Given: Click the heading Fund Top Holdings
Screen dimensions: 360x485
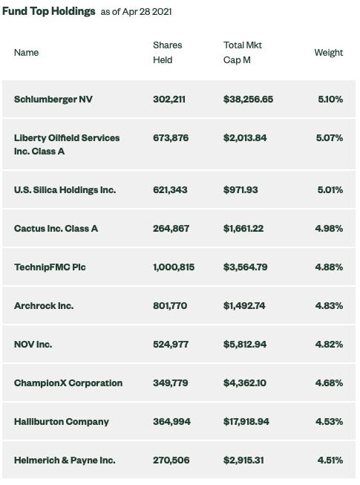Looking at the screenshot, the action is (x=48, y=11).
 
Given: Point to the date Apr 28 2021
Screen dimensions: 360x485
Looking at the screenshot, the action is (x=147, y=12).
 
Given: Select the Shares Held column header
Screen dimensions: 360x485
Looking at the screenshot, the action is (x=168, y=53).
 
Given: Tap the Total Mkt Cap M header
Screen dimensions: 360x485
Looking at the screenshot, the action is (x=243, y=53).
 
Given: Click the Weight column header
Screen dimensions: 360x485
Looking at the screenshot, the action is (x=329, y=53).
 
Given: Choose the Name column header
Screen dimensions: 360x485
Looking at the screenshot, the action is (x=26, y=53).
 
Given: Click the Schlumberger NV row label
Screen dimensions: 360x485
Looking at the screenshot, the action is (x=53, y=100).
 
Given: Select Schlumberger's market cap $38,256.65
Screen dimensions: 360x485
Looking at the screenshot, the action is (x=248, y=100).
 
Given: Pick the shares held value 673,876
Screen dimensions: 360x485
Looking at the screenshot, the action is (x=171, y=138).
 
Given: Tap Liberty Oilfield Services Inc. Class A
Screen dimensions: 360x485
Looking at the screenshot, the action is (x=67, y=144).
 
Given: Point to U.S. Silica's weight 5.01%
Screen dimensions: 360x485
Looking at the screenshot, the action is (x=330, y=190).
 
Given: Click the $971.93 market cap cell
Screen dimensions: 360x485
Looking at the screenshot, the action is (x=240, y=190).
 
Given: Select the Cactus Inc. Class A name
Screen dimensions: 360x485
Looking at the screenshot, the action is (x=56, y=229).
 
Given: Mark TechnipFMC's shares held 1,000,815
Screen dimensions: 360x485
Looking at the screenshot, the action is (x=174, y=267).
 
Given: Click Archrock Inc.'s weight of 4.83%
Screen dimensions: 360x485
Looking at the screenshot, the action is (x=329, y=306).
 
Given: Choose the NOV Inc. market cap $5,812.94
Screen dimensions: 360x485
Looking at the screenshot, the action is (x=245, y=345).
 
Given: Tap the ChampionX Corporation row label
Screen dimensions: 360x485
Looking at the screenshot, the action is (x=68, y=383).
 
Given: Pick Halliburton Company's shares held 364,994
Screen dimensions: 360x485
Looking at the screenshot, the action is (x=171, y=422).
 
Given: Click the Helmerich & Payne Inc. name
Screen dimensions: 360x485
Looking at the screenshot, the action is (x=65, y=460).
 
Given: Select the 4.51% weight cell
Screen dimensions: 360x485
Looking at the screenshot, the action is (x=330, y=460).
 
